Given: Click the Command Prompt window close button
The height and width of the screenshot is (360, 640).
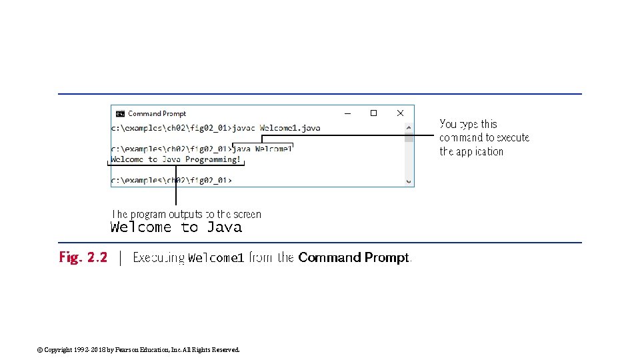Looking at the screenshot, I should point(400,113).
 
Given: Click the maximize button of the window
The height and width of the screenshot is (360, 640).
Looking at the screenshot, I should point(373,113).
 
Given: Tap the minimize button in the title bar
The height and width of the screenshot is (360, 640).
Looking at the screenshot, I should point(347,113).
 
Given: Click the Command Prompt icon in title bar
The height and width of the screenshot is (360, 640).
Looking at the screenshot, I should point(120,114).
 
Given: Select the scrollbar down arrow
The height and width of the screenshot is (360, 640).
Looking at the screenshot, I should point(409,180).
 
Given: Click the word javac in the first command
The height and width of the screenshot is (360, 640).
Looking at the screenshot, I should point(243,127).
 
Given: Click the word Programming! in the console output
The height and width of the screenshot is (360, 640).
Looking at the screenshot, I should point(213,159).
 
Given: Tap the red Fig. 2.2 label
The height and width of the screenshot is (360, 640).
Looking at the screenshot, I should point(83,257).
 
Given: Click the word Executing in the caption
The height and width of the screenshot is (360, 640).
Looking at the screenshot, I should point(159,258).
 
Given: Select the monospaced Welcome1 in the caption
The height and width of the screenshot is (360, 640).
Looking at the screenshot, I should point(216,258).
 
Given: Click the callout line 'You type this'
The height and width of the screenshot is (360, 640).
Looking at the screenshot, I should point(468,124).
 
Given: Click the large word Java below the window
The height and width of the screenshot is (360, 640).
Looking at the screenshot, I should point(224,227).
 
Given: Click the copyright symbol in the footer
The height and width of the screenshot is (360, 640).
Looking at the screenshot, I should point(39,349).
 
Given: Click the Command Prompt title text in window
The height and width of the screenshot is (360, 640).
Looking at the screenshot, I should point(157,114).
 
